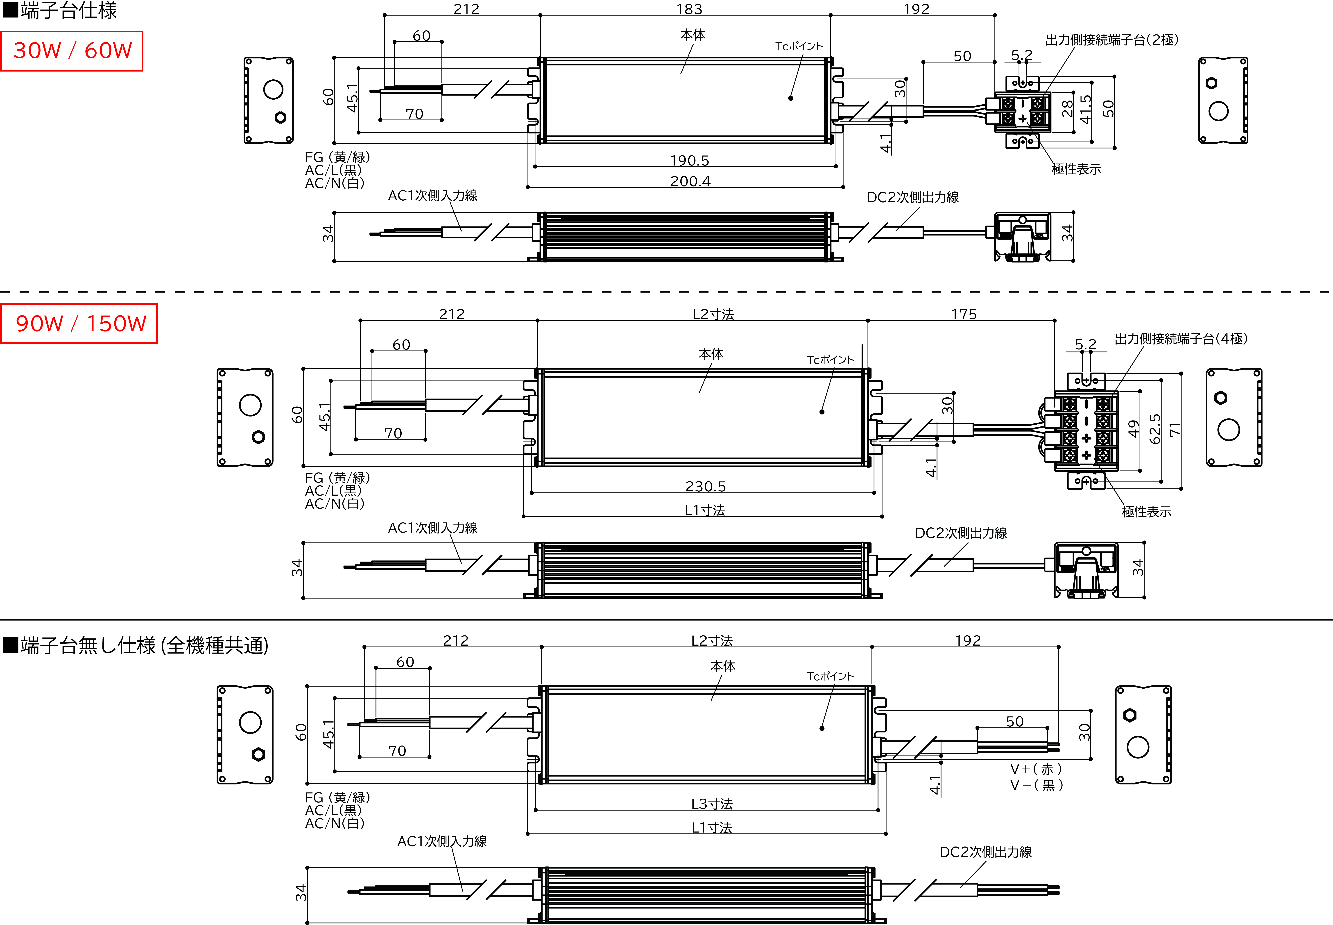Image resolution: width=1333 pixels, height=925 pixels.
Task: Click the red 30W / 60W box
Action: [x=72, y=51]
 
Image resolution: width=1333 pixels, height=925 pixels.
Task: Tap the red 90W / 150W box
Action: [x=79, y=323]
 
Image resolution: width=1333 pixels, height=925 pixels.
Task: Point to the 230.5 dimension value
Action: [x=705, y=486]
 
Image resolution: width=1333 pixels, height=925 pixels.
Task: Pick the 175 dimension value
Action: [x=964, y=314]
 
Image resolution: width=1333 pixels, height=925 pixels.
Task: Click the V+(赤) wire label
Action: [x=1036, y=769]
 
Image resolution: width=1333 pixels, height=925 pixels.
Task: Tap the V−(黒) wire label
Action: [x=1036, y=785]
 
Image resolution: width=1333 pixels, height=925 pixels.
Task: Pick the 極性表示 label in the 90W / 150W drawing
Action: [x=1146, y=512]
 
